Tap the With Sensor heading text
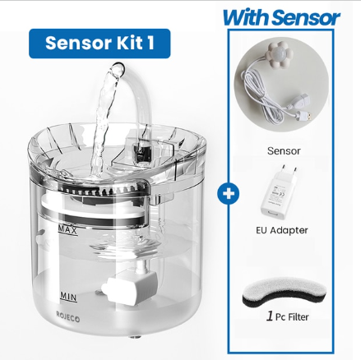tap(280, 16)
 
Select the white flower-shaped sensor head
tap(290, 62)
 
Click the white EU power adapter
tap(282, 192)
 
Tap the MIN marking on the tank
tap(69, 293)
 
